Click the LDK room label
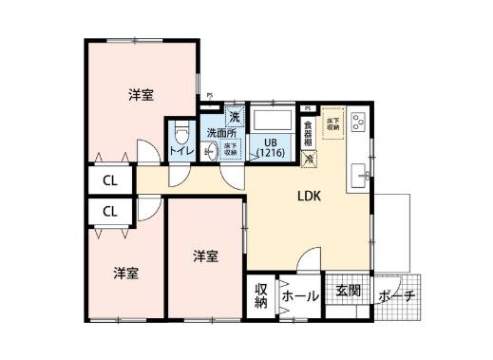[310, 197]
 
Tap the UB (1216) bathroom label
[270, 148]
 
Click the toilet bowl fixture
[183, 131]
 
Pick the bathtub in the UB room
[274, 121]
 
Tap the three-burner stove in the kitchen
[359, 122]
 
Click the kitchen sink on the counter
[361, 174]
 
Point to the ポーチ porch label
[396, 295]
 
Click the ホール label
[299, 295]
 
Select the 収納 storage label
[260, 295]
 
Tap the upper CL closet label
[110, 180]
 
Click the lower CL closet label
[110, 211]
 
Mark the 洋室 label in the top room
[142, 95]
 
